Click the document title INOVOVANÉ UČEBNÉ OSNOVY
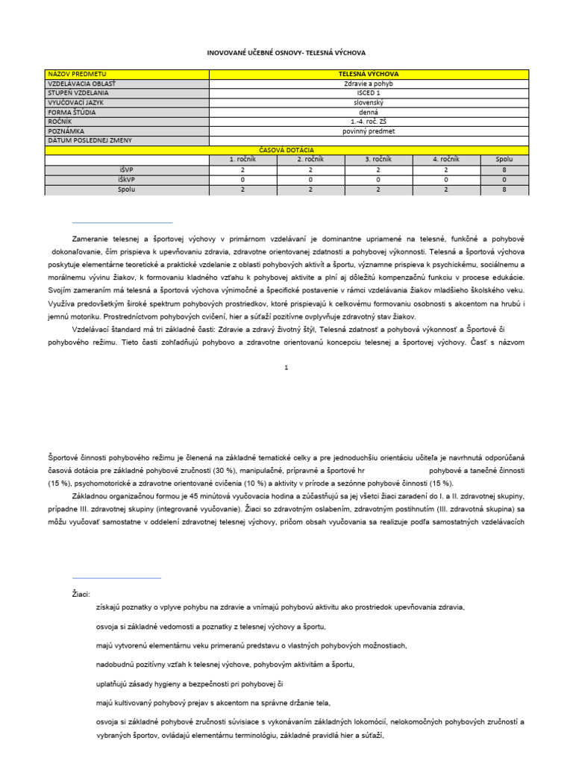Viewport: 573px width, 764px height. coord(286,54)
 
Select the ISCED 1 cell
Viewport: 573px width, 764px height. coord(369,93)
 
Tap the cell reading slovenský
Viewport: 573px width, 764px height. coord(369,102)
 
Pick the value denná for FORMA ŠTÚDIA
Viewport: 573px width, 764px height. coord(369,112)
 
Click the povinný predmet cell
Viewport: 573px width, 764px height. coord(369,131)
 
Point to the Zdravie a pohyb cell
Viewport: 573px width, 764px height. coord(369,84)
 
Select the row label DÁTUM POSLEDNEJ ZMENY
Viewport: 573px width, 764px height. coord(84,140)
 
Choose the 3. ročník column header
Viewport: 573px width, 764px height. coord(379,160)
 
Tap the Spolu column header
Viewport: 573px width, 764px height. coord(504,160)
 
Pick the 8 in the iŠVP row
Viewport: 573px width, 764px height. coord(504,170)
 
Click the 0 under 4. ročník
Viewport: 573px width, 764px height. coord(446,180)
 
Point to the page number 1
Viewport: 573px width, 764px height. coord(286,367)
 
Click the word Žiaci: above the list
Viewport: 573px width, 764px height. coord(81,595)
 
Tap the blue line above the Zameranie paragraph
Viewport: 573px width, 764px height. coord(122,222)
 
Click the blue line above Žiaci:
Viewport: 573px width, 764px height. coord(116,577)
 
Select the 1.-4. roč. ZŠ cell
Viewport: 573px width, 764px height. coord(369,122)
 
